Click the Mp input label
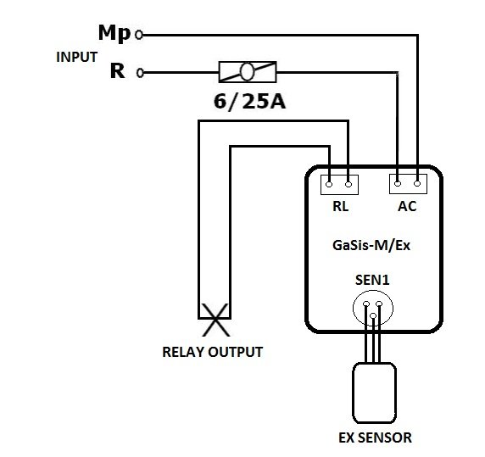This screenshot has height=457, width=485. (x=114, y=33)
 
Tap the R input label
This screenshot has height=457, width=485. (x=118, y=71)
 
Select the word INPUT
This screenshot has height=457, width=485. (x=76, y=57)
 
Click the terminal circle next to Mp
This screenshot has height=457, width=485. (x=139, y=35)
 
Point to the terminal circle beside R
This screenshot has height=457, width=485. (x=140, y=73)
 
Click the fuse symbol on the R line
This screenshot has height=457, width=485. (x=248, y=72)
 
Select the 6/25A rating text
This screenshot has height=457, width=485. (x=249, y=102)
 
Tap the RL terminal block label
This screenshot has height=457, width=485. (x=340, y=206)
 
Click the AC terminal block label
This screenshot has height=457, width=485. (x=407, y=206)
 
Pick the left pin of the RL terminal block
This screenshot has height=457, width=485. (x=329, y=185)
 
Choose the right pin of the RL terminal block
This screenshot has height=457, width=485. (x=348, y=185)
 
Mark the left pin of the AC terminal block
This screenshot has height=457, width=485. (x=398, y=184)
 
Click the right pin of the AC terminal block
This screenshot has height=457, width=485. (x=417, y=184)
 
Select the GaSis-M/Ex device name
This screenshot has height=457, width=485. (x=371, y=246)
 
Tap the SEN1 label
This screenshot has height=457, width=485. (x=372, y=280)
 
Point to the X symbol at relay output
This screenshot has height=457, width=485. (x=215, y=320)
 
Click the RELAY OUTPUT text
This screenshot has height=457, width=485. (x=213, y=352)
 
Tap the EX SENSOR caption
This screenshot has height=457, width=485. (x=375, y=437)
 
